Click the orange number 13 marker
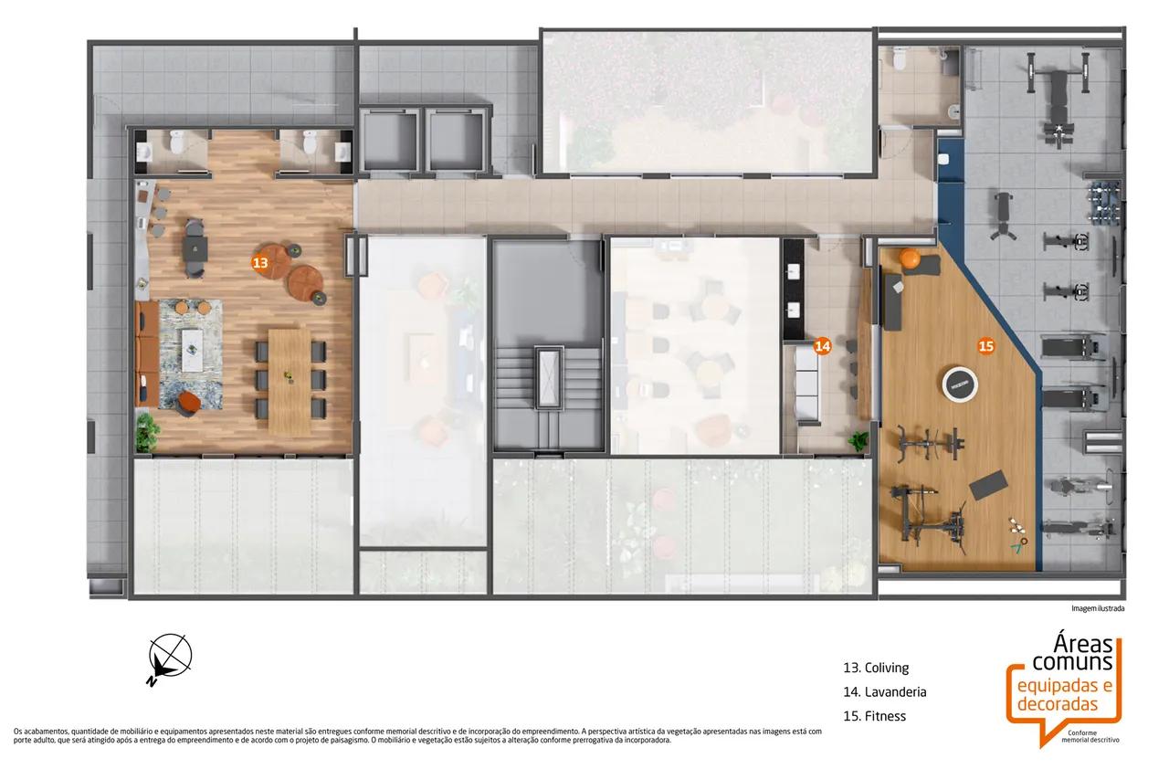click(260, 262)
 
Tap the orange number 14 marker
click(823, 346)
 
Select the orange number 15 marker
click(985, 346)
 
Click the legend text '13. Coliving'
click(876, 668)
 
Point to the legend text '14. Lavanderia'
click(885, 691)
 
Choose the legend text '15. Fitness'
click(874, 716)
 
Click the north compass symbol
click(169, 658)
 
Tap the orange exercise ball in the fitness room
click(910, 259)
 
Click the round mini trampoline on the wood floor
click(960, 385)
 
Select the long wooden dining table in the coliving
click(290, 381)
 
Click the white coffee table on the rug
click(192, 350)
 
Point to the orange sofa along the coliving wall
click(147, 354)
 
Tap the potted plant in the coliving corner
click(147, 432)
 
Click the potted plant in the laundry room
click(858, 441)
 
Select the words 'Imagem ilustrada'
click(1098, 608)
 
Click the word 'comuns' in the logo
click(1072, 662)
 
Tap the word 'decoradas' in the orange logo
click(1058, 704)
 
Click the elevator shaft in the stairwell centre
click(549, 378)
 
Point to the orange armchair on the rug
click(188, 403)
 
